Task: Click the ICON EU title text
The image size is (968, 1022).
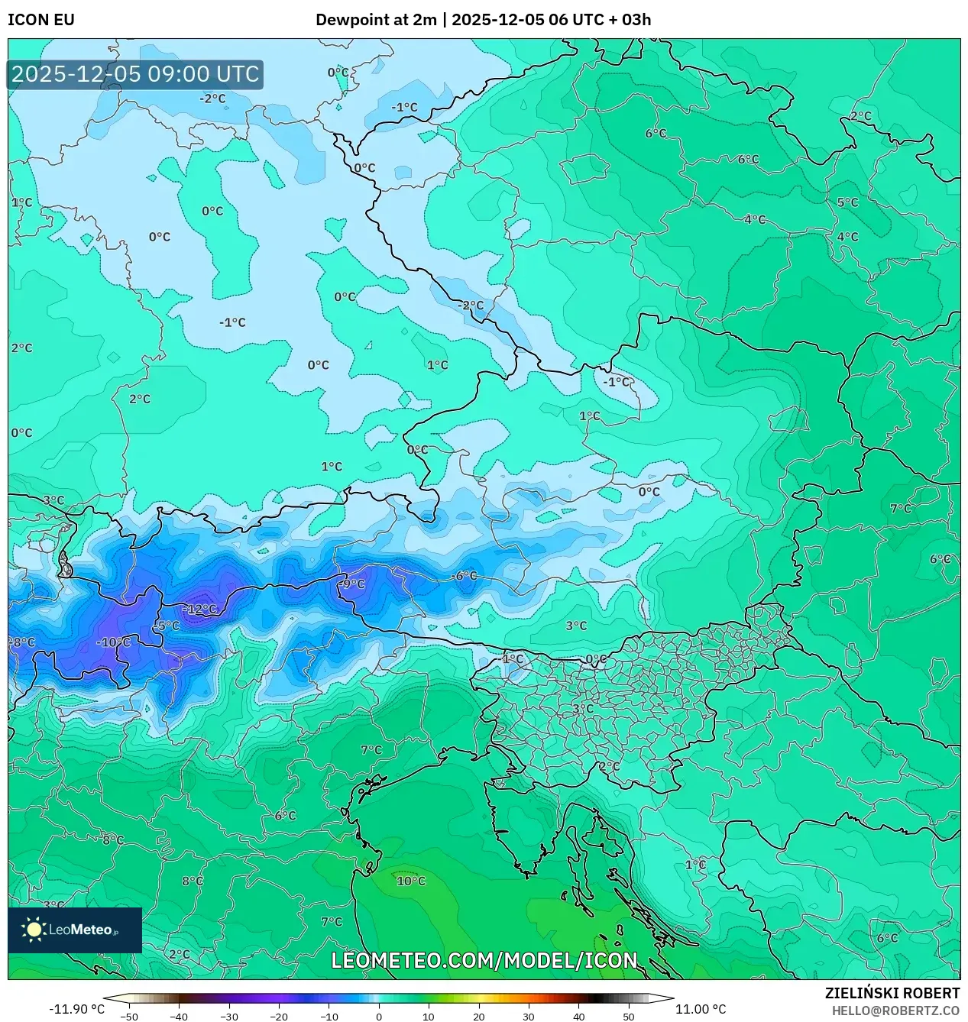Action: (x=41, y=20)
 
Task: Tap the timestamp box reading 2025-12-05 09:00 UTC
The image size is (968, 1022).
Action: (x=135, y=74)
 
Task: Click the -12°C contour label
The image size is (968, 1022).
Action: (x=200, y=609)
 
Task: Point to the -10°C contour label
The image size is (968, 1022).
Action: (x=113, y=642)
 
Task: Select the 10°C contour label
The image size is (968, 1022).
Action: (x=411, y=881)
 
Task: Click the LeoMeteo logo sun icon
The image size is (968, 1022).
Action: (x=34, y=930)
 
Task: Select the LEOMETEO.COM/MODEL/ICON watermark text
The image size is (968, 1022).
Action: (x=484, y=960)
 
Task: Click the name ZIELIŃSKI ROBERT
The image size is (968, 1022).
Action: (x=892, y=993)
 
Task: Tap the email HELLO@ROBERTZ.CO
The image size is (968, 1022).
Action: (x=895, y=1010)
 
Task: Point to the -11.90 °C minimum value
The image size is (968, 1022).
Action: (x=76, y=1009)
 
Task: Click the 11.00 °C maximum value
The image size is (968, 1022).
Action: (x=701, y=1009)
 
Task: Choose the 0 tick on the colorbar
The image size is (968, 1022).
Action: (x=379, y=1016)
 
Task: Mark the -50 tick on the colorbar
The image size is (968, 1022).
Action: (x=129, y=1016)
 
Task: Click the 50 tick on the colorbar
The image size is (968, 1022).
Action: (x=629, y=1016)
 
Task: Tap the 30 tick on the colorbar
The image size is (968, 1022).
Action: (x=529, y=1016)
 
